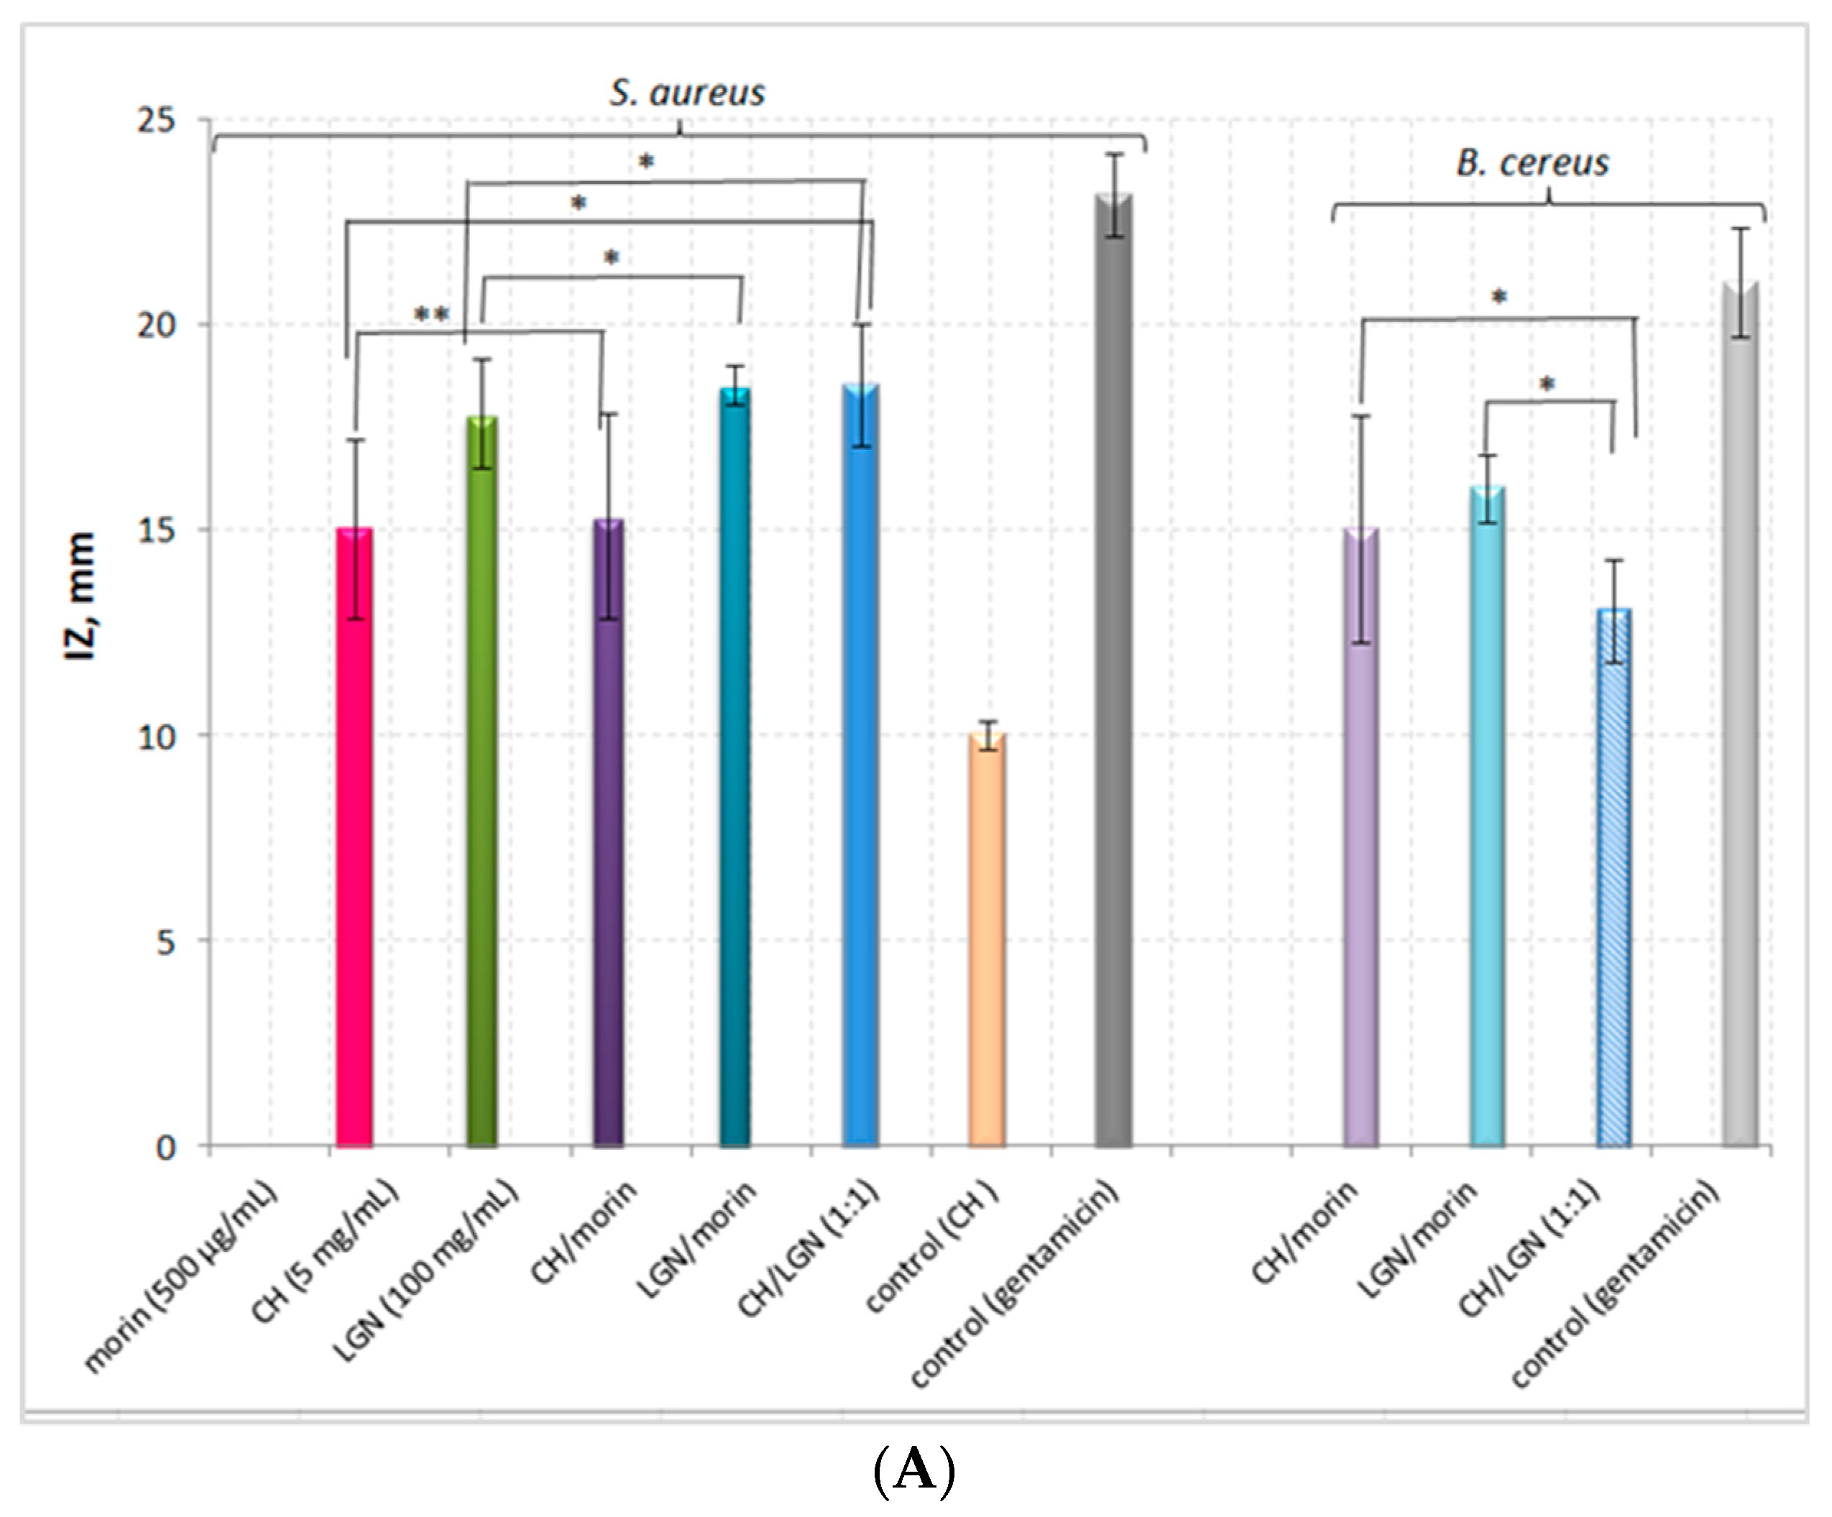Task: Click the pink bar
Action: coord(354,837)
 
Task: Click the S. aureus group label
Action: coord(687,93)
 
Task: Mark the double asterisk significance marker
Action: coord(431,314)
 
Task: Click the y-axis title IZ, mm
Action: coord(81,596)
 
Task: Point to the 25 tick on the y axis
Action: coord(156,119)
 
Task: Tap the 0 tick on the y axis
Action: coord(166,1147)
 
